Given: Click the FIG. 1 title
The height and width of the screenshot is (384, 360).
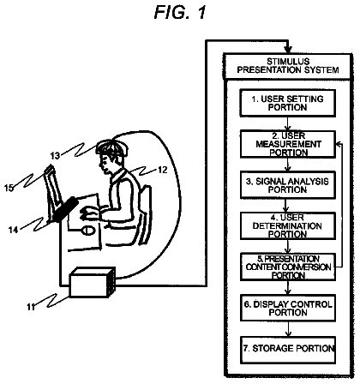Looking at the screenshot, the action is pos(180,12).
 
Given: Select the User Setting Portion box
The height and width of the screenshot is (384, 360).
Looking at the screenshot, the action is pos(287,103).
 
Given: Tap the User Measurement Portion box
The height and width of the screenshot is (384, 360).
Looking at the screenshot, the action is pos(288,144).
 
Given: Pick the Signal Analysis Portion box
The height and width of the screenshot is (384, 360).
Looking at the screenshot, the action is pos(288,185).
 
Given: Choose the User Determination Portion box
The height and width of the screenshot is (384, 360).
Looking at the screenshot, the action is pos(288,226).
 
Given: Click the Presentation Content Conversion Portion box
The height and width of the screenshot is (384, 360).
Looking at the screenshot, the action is pos(288,267).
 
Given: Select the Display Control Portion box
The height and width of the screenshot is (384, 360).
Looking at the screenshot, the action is pos(288,308).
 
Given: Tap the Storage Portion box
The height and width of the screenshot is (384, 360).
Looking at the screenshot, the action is pos(288,350).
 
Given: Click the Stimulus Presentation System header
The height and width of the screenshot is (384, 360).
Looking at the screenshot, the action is pos(288,66).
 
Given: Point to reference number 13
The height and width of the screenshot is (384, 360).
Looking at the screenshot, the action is pos(55,156).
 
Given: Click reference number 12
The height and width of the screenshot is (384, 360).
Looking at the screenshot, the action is pos(162,170).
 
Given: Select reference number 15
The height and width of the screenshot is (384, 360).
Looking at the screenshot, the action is pos(9,188).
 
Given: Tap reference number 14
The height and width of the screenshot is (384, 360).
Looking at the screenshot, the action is pos(13,230).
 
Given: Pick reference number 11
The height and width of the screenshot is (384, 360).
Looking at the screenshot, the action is pos(31,307).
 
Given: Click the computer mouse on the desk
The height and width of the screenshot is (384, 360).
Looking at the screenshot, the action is pos(88,231).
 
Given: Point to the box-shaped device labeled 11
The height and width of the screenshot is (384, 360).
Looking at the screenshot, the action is pos(93,283).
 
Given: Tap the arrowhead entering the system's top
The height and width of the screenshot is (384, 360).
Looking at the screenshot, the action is pos(288,50).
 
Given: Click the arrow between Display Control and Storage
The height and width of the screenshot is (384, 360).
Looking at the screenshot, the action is pos(288,329).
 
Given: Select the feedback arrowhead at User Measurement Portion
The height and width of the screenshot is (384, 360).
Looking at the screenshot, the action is pos(339,144).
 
